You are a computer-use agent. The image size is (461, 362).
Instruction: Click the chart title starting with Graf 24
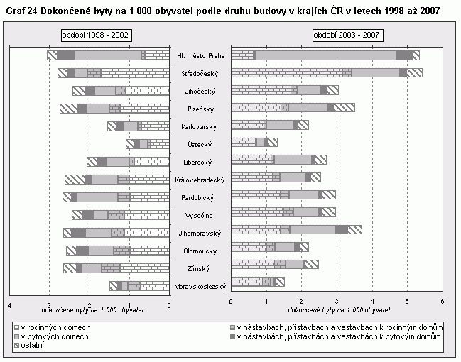222,12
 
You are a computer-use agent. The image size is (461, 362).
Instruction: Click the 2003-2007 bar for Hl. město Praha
325,55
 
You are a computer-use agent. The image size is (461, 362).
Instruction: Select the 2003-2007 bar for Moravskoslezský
258,282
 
